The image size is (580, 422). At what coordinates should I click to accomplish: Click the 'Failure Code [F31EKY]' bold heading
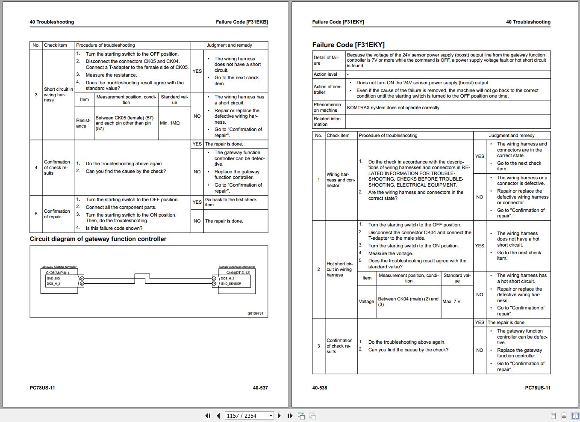pyautogui.click(x=348, y=45)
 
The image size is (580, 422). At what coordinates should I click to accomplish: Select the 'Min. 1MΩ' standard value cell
pyautogui.click(x=170, y=123)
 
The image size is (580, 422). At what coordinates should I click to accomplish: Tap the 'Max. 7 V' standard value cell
pyautogui.click(x=451, y=302)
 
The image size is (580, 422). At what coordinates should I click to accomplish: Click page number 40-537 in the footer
pyautogui.click(x=260, y=388)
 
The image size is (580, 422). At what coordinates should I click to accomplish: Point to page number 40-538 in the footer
pyautogui.click(x=320, y=388)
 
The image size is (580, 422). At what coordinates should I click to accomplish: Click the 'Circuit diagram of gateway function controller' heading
pyautogui.click(x=98, y=239)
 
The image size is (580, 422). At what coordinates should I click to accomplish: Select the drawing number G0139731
pyautogui.click(x=255, y=314)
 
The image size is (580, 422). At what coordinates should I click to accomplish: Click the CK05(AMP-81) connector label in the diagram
pyautogui.click(x=57, y=273)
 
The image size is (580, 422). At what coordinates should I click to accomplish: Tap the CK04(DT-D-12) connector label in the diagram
pyautogui.click(x=238, y=273)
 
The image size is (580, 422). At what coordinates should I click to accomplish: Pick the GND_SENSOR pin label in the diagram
pyautogui.click(x=231, y=284)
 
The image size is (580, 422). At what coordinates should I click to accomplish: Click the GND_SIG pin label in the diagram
pyautogui.click(x=53, y=279)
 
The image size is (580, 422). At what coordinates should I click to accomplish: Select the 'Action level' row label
pyautogui.click(x=326, y=74)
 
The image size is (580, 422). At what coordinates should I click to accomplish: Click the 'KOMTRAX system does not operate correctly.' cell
pyautogui.click(x=393, y=108)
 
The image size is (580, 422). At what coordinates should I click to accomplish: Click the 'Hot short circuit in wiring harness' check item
pyautogui.click(x=339, y=270)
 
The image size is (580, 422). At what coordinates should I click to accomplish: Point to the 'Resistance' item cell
pyautogui.click(x=83, y=123)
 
